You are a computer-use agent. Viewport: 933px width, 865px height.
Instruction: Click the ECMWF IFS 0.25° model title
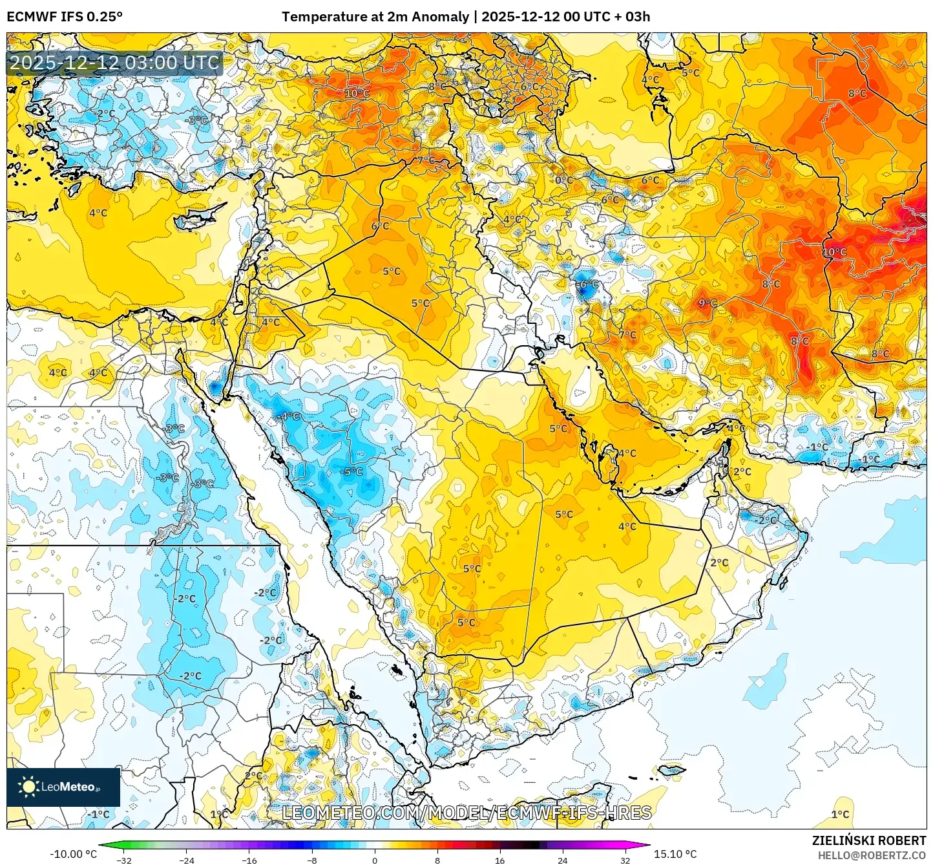point(65,17)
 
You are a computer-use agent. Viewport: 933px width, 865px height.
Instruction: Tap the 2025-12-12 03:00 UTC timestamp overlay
point(114,63)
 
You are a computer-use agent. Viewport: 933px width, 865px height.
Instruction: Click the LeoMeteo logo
point(63,787)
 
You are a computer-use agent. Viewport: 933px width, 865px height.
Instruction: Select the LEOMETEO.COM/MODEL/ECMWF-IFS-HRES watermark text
point(466,813)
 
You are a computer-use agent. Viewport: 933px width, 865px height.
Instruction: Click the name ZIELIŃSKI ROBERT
point(869,840)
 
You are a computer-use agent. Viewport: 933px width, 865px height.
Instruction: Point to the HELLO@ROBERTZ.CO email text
point(872,855)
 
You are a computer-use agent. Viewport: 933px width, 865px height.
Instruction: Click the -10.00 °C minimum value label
point(73,854)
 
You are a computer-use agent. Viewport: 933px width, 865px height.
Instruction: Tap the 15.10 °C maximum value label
point(675,854)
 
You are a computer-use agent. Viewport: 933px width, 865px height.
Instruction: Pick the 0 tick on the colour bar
point(375,860)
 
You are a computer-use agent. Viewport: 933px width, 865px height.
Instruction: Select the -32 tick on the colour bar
point(123,860)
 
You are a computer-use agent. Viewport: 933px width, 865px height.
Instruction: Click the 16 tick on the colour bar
point(500,860)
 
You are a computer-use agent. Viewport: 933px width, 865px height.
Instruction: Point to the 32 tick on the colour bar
point(625,860)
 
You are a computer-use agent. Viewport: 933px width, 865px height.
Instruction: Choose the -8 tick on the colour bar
point(312,860)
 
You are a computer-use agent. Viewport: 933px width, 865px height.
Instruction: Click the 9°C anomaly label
point(708,303)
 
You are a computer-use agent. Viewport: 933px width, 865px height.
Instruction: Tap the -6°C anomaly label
point(587,284)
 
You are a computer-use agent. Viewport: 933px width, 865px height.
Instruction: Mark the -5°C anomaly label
point(352,471)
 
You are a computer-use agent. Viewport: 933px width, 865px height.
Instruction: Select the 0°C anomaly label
point(564,180)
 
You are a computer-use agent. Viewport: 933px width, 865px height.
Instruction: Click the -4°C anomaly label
point(288,416)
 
